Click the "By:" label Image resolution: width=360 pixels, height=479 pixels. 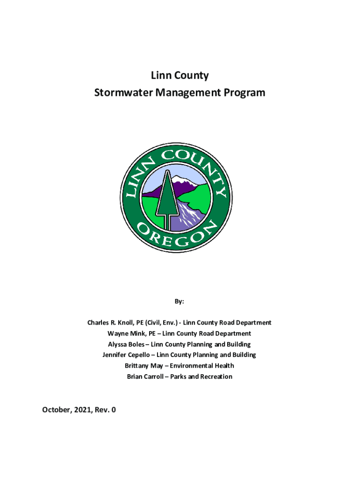click(x=180, y=301)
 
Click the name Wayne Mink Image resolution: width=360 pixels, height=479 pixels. click(x=123, y=334)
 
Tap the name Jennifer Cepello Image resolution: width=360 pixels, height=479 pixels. click(x=127, y=355)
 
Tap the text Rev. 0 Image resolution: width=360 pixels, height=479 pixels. click(x=107, y=410)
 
